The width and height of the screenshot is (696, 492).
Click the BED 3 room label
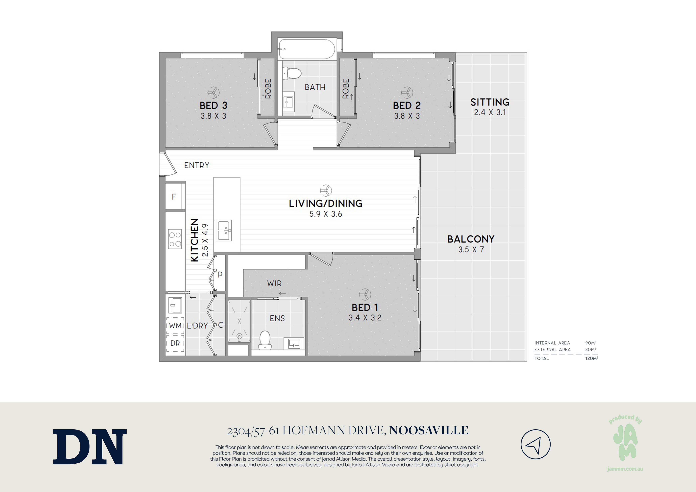tap(213, 106)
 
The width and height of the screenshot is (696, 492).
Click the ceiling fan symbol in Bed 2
tap(407, 92)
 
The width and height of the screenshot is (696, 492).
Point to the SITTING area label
tap(490, 102)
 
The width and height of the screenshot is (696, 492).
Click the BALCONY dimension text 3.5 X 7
tap(471, 250)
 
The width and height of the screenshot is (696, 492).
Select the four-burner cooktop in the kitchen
tap(175, 239)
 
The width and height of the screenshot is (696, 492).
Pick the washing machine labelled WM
tap(175, 326)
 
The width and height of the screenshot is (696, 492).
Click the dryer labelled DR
tap(175, 343)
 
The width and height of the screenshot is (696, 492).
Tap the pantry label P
tap(220, 275)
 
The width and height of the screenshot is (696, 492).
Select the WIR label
tap(274, 283)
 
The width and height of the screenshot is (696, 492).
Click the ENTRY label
tap(197, 165)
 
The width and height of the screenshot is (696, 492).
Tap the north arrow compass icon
tap(535, 444)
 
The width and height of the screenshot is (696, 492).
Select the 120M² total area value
tap(591, 358)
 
